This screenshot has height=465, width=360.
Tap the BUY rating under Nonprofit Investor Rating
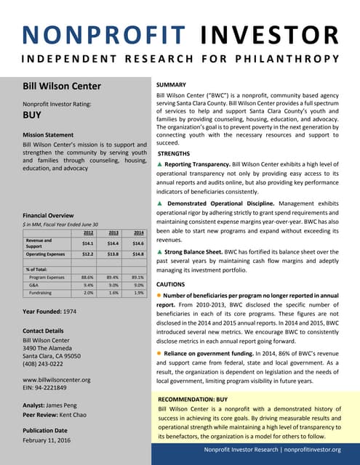click(32, 115)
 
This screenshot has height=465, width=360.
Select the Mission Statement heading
click(53, 135)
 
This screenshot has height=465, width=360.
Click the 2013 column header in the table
click(113, 232)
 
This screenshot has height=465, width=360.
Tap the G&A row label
click(34, 285)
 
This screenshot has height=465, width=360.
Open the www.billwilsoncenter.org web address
click(57, 380)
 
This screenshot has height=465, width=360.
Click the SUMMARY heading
click(171, 85)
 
